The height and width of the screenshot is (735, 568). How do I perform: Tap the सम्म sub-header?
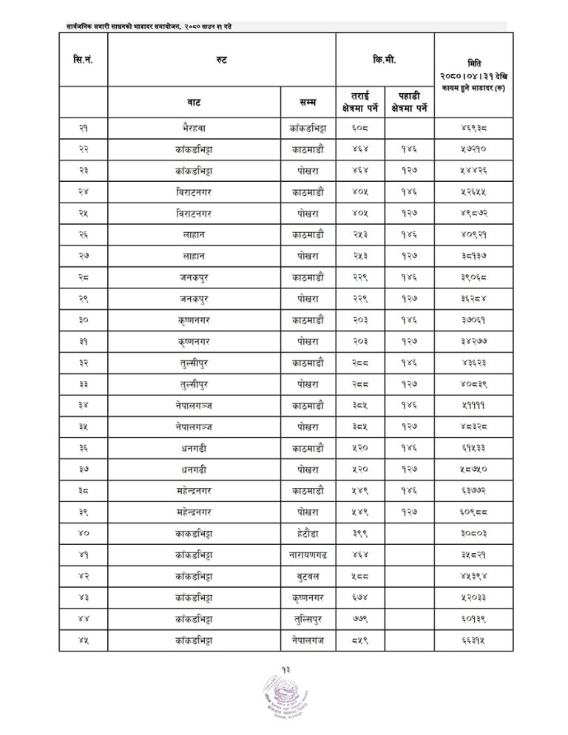pyautogui.click(x=309, y=101)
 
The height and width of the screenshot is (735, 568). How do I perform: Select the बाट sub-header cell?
pyautogui.click(x=195, y=101)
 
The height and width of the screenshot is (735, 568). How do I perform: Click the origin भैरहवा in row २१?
pyautogui.click(x=195, y=128)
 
